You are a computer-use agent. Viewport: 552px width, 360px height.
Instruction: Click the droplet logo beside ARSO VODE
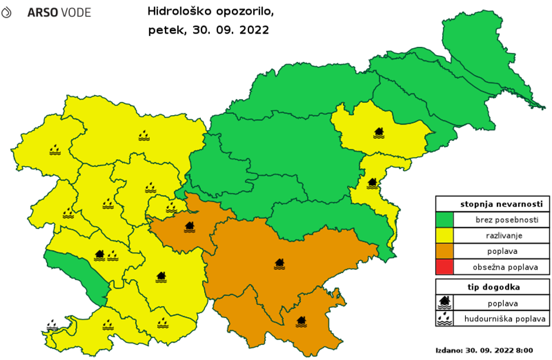click(x=6, y=12)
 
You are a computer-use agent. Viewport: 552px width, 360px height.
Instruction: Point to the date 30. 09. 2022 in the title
click(x=231, y=30)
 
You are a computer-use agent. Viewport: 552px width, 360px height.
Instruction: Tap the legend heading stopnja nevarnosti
click(x=492, y=204)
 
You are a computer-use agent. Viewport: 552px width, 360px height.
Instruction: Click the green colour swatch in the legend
click(x=445, y=220)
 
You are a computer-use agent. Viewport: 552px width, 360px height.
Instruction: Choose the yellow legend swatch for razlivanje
click(x=445, y=236)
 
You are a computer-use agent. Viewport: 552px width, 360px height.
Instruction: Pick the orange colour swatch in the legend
click(x=445, y=251)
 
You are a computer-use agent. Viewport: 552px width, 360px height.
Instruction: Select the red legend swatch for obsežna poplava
click(x=445, y=267)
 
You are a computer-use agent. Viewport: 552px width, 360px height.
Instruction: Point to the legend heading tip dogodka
click(x=492, y=288)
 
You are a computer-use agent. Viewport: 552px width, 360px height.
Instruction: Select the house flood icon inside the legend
click(x=445, y=303)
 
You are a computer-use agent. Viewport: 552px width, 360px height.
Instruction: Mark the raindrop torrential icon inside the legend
click(x=445, y=319)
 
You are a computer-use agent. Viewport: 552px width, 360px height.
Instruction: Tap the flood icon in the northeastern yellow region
click(x=379, y=133)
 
